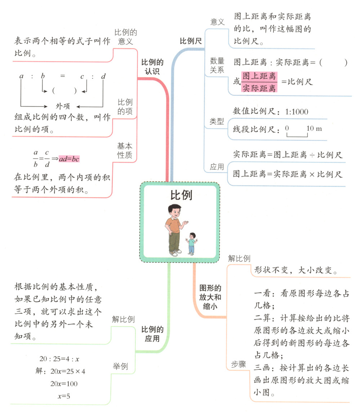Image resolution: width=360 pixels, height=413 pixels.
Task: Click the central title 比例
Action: click(181, 195)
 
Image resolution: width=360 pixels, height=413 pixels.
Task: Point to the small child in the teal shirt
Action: click(192, 244)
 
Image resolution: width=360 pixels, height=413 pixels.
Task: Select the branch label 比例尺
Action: click(191, 41)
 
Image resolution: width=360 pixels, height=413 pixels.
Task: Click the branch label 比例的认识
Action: click(152, 66)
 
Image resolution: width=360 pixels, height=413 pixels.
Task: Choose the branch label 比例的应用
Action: click(152, 334)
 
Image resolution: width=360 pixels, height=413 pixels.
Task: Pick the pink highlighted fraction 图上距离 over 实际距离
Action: click(259, 82)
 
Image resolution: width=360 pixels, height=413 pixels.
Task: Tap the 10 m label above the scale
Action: click(314, 129)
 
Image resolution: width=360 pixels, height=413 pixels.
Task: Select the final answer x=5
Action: click(64, 396)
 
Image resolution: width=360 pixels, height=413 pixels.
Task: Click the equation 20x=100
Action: click(64, 383)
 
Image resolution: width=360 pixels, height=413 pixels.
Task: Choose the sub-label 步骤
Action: click(238, 365)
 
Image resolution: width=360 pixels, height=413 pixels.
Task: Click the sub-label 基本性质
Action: click(125, 151)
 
